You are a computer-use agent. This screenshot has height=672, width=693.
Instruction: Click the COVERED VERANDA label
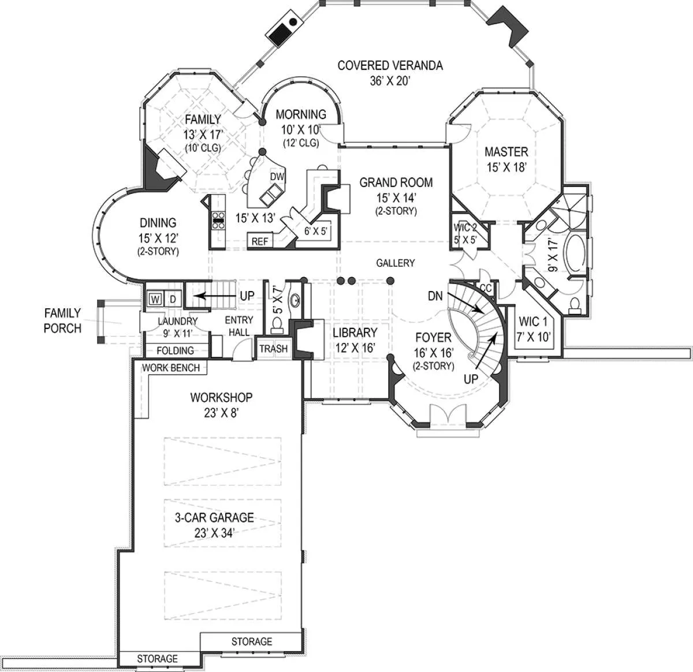(390, 65)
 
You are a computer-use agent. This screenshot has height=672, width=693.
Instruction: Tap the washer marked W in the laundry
(155, 299)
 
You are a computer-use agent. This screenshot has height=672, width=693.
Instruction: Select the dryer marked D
(173, 299)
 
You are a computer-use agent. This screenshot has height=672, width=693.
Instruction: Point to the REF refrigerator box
(260, 241)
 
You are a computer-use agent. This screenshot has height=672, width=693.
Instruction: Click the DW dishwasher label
(277, 177)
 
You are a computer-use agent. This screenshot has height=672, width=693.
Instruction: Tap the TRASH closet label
(273, 349)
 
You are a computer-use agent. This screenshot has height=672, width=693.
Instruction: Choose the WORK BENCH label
(171, 368)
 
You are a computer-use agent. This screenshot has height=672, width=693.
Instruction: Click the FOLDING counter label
(175, 350)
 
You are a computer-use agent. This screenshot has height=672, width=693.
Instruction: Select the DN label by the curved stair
(435, 296)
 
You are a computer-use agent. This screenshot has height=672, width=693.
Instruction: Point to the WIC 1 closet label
(533, 322)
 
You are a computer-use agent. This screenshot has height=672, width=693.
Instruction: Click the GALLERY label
(395, 263)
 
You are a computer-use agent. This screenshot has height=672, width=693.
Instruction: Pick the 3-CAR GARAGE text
(214, 517)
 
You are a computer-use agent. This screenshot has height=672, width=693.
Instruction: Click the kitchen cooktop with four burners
(218, 221)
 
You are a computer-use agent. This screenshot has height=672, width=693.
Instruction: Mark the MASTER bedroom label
(506, 152)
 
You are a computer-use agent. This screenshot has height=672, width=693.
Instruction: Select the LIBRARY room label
(355, 333)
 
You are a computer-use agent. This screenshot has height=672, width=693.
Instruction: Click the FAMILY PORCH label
(63, 320)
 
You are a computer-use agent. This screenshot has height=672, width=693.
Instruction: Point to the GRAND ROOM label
(396, 182)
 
